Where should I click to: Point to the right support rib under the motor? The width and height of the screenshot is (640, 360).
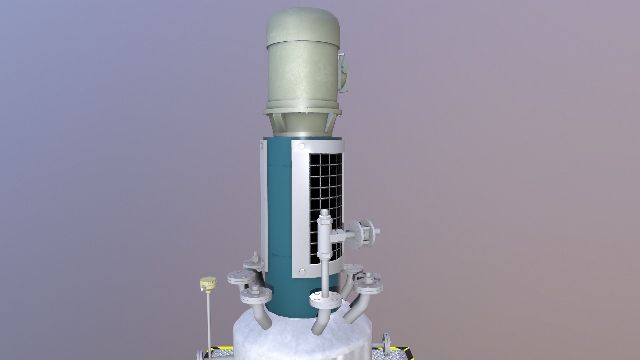pos(328,123)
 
